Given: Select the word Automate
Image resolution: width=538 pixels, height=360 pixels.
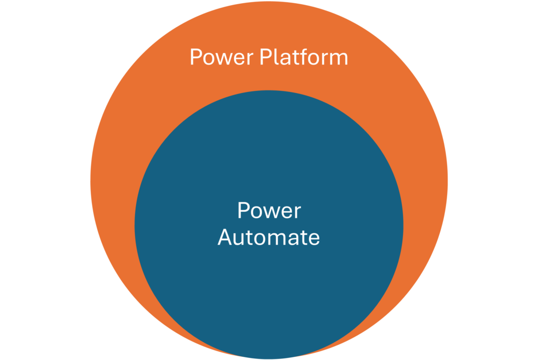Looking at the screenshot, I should click(268, 238).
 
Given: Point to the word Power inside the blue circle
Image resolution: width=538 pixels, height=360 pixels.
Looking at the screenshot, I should click(268, 211).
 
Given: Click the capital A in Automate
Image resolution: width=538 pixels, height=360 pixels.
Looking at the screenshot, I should click(225, 238).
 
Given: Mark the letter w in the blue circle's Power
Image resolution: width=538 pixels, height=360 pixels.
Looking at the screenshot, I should click(267, 212).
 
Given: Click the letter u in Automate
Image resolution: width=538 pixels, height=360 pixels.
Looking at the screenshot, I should click(239, 239).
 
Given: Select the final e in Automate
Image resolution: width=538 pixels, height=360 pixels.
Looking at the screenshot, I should click(314, 239).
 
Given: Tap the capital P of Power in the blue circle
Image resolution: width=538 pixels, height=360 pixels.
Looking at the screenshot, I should click(243, 211).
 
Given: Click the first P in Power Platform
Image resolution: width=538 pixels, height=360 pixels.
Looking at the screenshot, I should click(195, 57).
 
